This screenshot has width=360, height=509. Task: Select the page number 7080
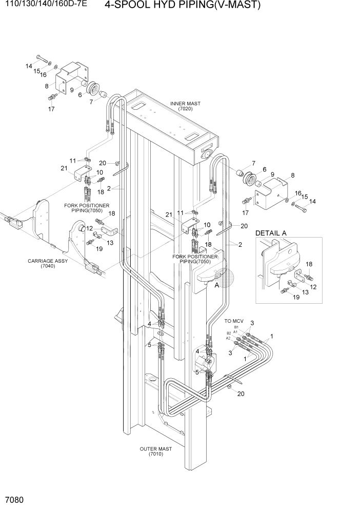(14, 500)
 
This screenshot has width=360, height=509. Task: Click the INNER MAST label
(185, 104)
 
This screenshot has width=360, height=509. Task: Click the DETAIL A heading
(271, 233)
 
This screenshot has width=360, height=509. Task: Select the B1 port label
(236, 327)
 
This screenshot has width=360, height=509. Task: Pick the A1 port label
(235, 331)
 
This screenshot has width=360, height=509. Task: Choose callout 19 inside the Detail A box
(295, 297)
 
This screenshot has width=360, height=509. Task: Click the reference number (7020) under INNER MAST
(185, 109)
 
